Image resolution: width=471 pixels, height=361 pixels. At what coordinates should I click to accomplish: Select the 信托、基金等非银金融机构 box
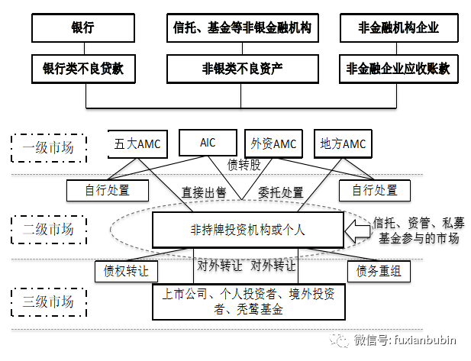[242, 28]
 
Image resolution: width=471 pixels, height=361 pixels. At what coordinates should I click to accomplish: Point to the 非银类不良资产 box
[242, 69]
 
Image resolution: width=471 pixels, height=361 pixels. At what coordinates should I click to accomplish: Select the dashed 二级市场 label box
[47, 227]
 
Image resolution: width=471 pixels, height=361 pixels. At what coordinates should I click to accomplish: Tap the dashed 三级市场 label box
[47, 302]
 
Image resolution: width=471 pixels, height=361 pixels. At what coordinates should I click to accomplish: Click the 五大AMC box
[136, 143]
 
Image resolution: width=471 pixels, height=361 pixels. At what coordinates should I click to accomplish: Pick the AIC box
[208, 142]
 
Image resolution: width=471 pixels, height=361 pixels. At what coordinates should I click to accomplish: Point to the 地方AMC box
[344, 143]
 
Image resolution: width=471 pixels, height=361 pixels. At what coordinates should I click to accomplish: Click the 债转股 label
[243, 163]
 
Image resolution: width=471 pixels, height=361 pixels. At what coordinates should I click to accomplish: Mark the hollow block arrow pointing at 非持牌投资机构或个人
[357, 227]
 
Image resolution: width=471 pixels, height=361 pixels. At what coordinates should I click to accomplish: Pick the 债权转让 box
[126, 270]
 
